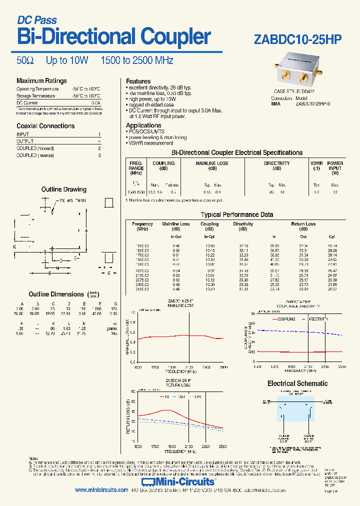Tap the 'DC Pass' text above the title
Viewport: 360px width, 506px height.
point(37,20)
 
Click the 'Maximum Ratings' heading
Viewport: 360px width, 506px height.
point(41,80)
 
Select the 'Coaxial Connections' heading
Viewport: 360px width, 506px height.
point(45,126)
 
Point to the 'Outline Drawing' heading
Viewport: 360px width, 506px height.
point(63,189)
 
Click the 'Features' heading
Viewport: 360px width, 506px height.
point(138,81)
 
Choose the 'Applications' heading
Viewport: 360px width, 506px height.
point(143,125)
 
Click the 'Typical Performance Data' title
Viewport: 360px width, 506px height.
point(237,214)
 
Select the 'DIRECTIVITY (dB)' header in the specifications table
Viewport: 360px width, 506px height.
point(277,166)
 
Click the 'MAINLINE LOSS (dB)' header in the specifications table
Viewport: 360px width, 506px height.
point(211,166)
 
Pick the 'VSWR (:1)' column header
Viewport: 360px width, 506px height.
point(316,166)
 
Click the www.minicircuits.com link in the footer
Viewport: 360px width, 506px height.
point(101,490)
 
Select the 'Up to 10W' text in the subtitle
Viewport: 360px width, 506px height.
point(67,60)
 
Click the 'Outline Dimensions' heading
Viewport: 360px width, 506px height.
point(56,294)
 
